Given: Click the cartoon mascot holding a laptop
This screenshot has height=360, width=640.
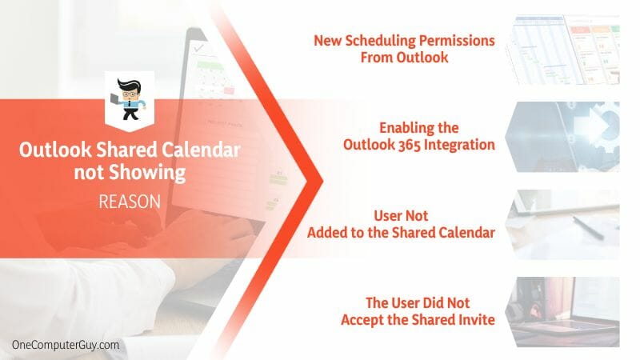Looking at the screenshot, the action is pyautogui.click(x=129, y=99).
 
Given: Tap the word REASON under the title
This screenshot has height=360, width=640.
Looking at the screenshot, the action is pyautogui.click(x=130, y=202).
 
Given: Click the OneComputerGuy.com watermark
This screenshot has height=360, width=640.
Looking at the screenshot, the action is pyautogui.click(x=66, y=345).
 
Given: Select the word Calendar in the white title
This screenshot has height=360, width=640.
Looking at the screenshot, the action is pyautogui.click(x=201, y=150).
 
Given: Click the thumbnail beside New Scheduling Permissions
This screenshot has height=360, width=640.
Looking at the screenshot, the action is pyautogui.click(x=562, y=50).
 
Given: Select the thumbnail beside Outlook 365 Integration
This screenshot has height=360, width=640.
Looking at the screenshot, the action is pyautogui.click(x=562, y=137).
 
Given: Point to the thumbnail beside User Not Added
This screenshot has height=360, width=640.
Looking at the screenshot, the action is pyautogui.click(x=562, y=224).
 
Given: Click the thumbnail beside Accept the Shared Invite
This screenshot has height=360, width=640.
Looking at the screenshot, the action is pyautogui.click(x=562, y=312).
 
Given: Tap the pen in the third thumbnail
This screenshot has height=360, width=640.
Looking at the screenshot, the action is pyautogui.click(x=588, y=228).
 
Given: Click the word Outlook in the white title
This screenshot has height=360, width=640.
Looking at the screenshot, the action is pyautogui.click(x=55, y=150).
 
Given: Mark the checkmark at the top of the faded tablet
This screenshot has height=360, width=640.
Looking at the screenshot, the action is pyautogui.click(x=198, y=48).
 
